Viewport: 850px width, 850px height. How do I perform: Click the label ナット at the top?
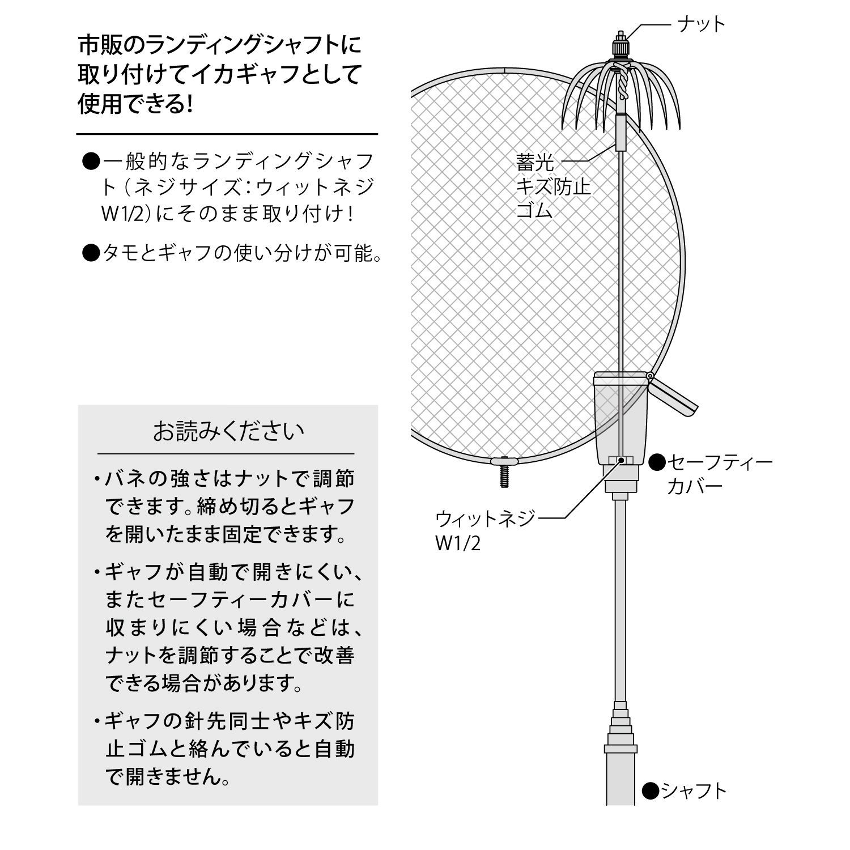pos(702,24)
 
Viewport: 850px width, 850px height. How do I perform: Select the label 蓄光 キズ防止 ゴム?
pos(552,187)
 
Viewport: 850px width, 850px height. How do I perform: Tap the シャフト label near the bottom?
pos(693,790)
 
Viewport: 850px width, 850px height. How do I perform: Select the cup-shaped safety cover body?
pos(620,419)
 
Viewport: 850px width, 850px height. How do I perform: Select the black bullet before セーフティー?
pos(657,462)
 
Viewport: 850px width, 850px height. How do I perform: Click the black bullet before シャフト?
pos(651,790)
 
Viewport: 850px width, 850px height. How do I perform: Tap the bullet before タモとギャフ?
pos(91,253)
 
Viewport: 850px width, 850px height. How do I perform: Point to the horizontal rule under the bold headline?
pos(227,134)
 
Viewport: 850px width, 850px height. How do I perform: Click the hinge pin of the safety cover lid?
pos(650,376)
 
